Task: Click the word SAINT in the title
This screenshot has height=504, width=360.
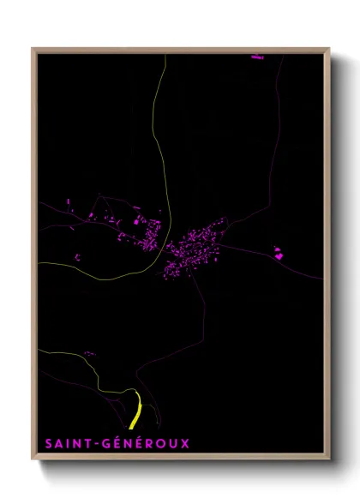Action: (66, 444)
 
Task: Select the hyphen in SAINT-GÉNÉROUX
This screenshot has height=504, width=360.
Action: (96, 444)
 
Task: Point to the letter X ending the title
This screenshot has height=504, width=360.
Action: (184, 444)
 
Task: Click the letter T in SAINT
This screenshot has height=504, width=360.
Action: (87, 444)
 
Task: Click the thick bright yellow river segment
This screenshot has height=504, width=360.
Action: (135, 410)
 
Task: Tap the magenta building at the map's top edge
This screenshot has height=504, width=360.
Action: (257, 57)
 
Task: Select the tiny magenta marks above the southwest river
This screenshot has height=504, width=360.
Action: (87, 353)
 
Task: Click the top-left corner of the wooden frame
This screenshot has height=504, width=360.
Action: (33, 49)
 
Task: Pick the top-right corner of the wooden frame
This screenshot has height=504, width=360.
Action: (330, 49)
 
